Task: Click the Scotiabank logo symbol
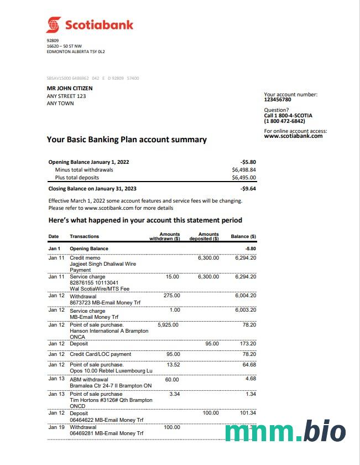tap(54, 24)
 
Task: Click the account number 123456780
tap(278, 100)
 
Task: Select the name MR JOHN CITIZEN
tap(70, 88)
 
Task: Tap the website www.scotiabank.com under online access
tap(293, 136)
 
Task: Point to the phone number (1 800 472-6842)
tap(284, 121)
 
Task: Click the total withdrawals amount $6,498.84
tap(244, 170)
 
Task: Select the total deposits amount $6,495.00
tap(244, 178)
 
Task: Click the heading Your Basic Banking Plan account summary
tap(127, 139)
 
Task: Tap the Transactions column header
tap(85, 236)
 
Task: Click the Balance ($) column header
tap(243, 236)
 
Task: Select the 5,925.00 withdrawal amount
tap(168, 325)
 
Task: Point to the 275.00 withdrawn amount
tap(172, 296)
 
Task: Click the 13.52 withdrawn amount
tap(173, 365)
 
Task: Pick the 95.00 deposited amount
tap(212, 344)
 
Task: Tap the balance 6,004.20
tap(246, 296)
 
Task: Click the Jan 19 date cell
tap(56, 427)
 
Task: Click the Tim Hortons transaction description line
tap(111, 400)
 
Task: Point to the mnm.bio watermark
tap(285, 432)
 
